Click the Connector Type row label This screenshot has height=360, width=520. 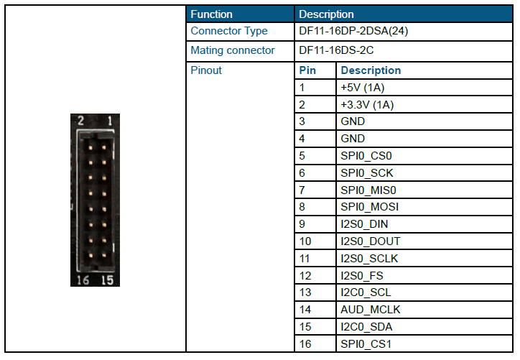tap(229, 31)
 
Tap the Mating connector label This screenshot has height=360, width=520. tap(233, 50)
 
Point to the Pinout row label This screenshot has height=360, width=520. tap(206, 70)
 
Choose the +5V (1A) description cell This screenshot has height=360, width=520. tap(363, 88)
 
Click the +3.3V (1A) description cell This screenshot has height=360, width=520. tap(367, 105)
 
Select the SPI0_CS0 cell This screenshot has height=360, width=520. tap(366, 156)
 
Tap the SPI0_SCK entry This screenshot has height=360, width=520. tap(367, 173)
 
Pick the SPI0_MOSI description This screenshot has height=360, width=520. tap(370, 207)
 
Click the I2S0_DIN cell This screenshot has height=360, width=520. tap(364, 224)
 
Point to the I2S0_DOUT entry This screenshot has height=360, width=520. tap(371, 241)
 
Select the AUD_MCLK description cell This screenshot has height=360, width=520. tap(371, 310)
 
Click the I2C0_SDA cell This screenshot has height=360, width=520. tap(366, 327)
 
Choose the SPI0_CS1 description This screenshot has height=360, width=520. tap(366, 344)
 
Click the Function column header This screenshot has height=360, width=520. tap(212, 14)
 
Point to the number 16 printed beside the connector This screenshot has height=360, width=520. tap(83, 280)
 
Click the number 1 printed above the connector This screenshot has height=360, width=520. tap(110, 121)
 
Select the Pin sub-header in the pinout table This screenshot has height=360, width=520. tap(307, 70)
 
